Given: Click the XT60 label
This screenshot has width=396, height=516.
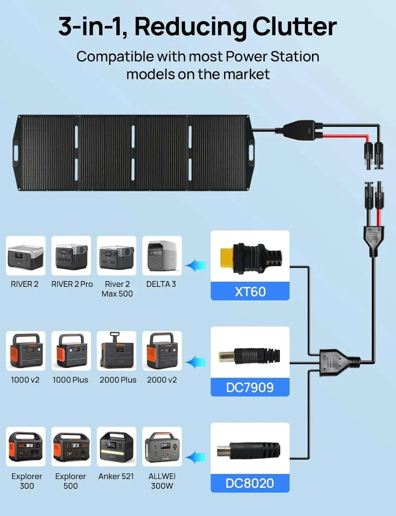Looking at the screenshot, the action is tap(250, 291).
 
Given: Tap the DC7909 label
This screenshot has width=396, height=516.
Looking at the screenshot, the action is tap(250, 387).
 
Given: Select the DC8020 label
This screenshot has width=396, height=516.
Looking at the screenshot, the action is tap(250, 483).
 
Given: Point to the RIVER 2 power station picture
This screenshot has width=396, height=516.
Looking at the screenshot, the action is tap(26, 256).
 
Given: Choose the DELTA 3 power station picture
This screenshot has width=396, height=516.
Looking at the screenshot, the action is tap(162, 256).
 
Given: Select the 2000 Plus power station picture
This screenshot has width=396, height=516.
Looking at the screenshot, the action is tap(116, 351).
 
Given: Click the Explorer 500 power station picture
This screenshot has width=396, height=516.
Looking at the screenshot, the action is tap(71, 447).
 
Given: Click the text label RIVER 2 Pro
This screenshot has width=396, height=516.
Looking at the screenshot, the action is tap(72, 284).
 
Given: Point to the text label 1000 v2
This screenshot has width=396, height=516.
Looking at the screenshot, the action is tap(25, 380).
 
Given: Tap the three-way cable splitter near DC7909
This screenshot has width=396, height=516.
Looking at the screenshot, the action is tap(339, 362).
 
